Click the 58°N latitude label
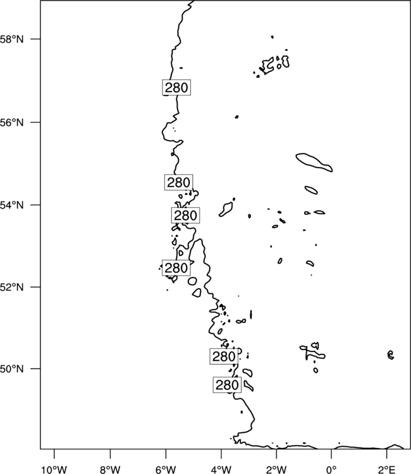coord(11,39)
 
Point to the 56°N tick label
coord(11,123)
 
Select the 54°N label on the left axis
coord(11,205)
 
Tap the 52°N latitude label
coord(11,287)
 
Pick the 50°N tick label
coord(11,369)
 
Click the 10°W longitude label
coord(54,470)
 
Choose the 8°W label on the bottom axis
coord(110,470)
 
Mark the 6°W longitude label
coord(166,470)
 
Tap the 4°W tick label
coord(221,470)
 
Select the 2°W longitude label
coord(276,470)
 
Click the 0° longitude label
coord(331,470)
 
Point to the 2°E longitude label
coord(386,470)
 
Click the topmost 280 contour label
coord(176,88)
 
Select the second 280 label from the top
coord(179,183)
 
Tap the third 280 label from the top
coord(186,216)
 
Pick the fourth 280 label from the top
coord(176,268)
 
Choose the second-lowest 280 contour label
coord(224,356)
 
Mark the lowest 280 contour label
coord(227,385)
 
